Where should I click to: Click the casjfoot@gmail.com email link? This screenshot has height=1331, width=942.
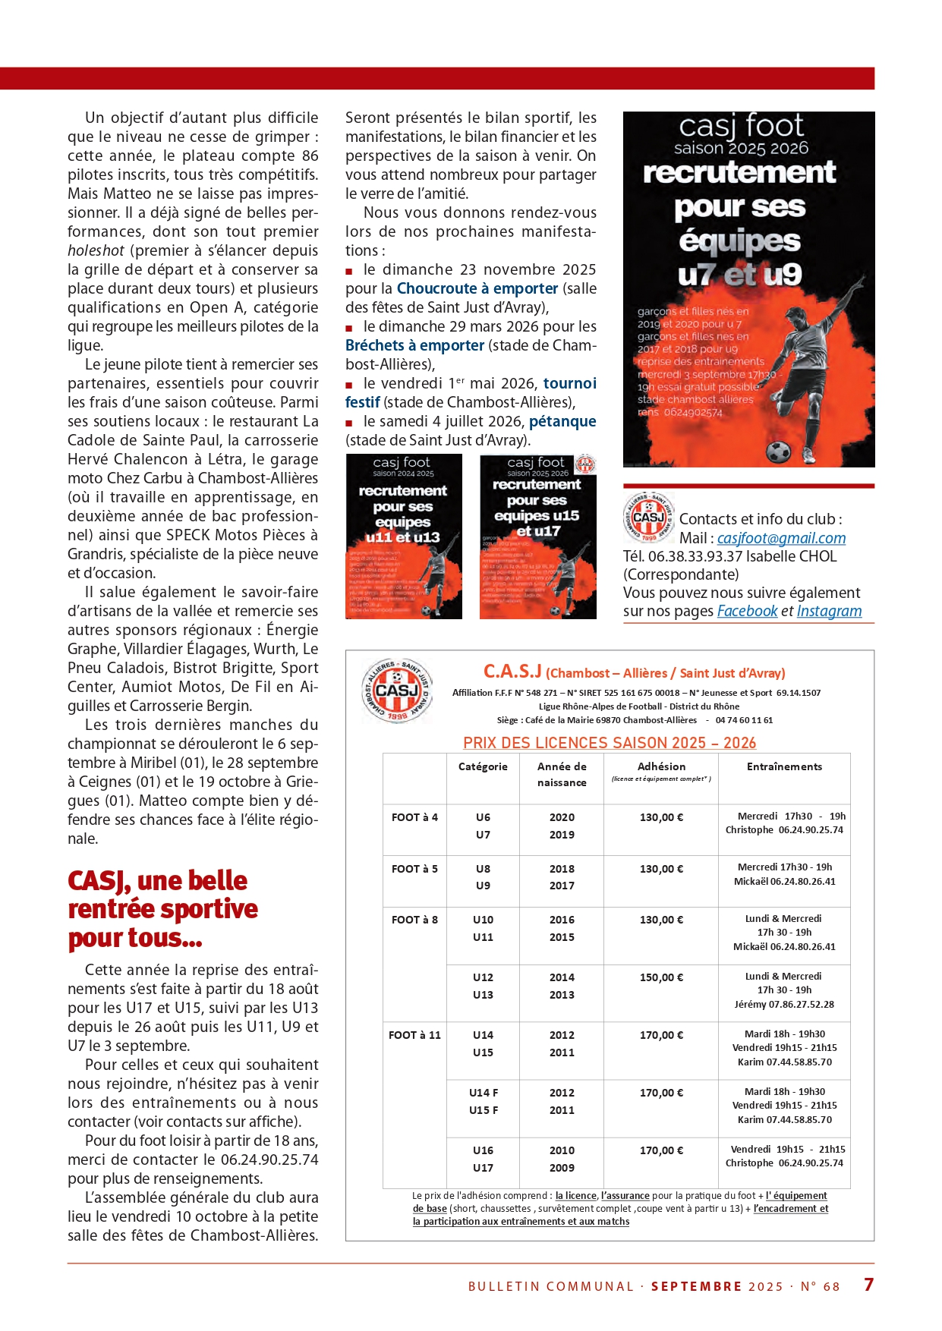781,538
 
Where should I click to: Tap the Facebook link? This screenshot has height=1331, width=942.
747,611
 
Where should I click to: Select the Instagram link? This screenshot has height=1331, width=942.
829,611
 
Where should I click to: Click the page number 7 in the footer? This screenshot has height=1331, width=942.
868,1285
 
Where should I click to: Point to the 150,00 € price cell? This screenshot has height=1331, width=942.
661,977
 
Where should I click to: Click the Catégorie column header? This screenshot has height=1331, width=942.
483,766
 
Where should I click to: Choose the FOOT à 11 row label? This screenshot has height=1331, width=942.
414,1035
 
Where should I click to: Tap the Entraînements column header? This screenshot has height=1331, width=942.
784,766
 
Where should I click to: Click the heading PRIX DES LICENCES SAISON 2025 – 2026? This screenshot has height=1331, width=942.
610,743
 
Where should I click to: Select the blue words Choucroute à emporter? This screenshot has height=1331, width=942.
477,288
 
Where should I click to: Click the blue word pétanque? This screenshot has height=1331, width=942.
562,421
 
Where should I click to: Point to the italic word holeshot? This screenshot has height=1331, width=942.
96,250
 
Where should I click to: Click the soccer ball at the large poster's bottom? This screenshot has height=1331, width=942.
778,451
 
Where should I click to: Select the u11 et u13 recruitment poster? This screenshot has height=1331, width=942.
404,536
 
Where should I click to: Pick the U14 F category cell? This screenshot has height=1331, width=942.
484,1093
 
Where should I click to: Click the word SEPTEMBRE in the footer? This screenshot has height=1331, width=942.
696,1286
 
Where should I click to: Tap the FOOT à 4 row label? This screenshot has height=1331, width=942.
414,817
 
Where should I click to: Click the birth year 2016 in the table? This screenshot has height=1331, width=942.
562,920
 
